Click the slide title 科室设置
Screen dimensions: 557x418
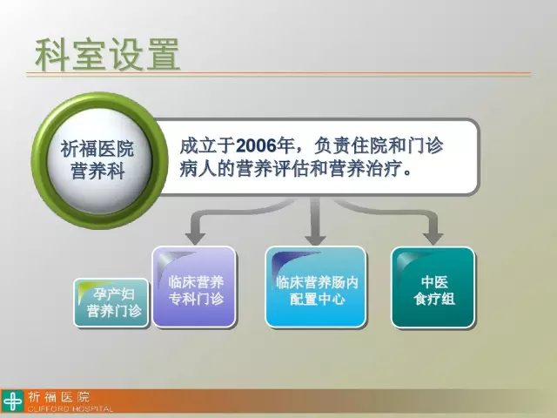point(108,54)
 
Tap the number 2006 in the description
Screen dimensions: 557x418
point(256,145)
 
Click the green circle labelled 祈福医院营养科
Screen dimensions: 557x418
point(99,160)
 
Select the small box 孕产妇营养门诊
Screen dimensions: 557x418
point(111,303)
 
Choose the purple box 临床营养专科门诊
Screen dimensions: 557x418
point(194,287)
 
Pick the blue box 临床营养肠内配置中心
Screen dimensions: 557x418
point(316,287)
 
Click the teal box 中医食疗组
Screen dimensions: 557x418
point(433,287)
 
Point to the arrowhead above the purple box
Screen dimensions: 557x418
point(195,239)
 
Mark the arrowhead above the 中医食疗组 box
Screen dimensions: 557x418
point(433,239)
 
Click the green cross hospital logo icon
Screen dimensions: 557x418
point(12,401)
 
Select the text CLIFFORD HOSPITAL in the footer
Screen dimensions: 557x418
point(70,408)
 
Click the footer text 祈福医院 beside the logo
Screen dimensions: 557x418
point(59,397)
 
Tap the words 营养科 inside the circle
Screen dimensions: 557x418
point(97,172)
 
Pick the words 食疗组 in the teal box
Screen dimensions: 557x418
point(434,299)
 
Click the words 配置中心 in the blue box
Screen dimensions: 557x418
point(317,299)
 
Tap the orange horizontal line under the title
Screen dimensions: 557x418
point(278,74)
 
